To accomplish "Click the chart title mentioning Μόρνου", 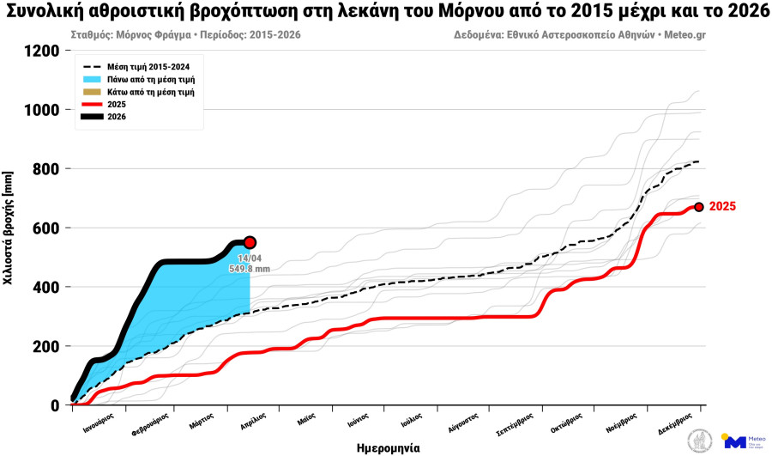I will [385, 11].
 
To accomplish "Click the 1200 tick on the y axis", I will [41, 51].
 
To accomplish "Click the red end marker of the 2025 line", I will [699, 207].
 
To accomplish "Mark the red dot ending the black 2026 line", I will [250, 243].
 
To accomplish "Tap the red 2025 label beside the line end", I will [722, 207].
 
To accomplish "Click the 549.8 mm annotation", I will [250, 269].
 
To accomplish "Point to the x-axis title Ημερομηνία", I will [389, 447].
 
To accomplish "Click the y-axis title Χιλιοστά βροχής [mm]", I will [9, 228].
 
